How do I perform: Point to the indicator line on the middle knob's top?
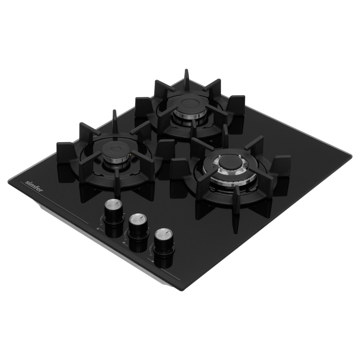point(142,217)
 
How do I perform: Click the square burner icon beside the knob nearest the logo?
point(98,229)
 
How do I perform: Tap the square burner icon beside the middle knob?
point(124,243)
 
